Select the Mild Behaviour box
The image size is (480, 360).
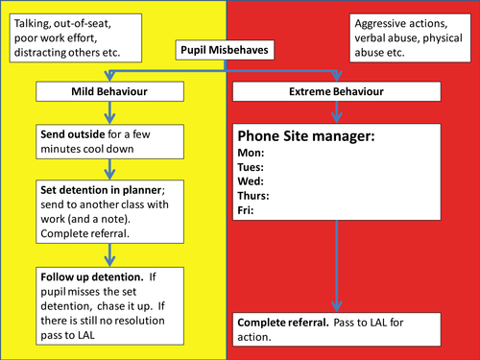point(111,92)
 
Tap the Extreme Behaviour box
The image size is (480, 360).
point(335,92)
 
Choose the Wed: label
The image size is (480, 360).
point(252,180)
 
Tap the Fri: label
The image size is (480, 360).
point(247,209)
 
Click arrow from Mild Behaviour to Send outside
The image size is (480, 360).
point(111,112)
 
